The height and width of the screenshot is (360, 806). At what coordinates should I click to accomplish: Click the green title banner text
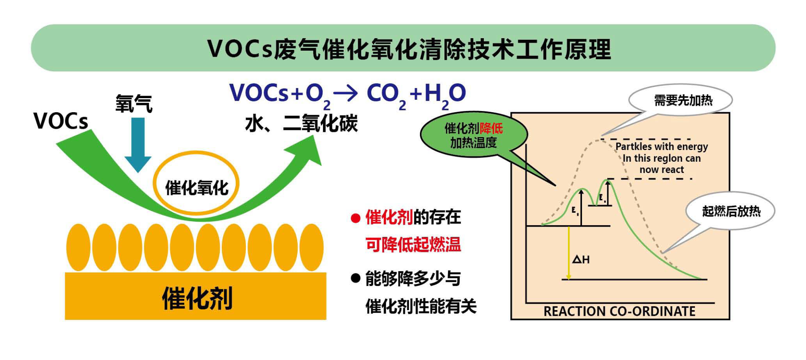coord(409,49)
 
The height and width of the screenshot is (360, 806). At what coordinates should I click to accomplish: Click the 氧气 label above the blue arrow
coord(134,103)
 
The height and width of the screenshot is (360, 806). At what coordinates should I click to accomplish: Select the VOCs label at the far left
coord(60,121)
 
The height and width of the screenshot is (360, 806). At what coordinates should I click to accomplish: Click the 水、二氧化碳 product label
coord(301,123)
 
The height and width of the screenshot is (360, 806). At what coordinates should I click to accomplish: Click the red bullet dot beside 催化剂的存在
coord(355,218)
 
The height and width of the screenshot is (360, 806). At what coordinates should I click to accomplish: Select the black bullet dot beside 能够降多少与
coord(355,278)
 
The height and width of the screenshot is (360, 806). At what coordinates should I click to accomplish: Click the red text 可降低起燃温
coord(413,244)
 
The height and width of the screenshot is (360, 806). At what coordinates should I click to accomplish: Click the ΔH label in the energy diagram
coord(581,259)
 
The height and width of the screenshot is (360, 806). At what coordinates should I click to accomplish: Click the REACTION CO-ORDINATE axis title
coord(619,311)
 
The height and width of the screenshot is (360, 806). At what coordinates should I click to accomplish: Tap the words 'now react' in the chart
coord(661,170)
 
